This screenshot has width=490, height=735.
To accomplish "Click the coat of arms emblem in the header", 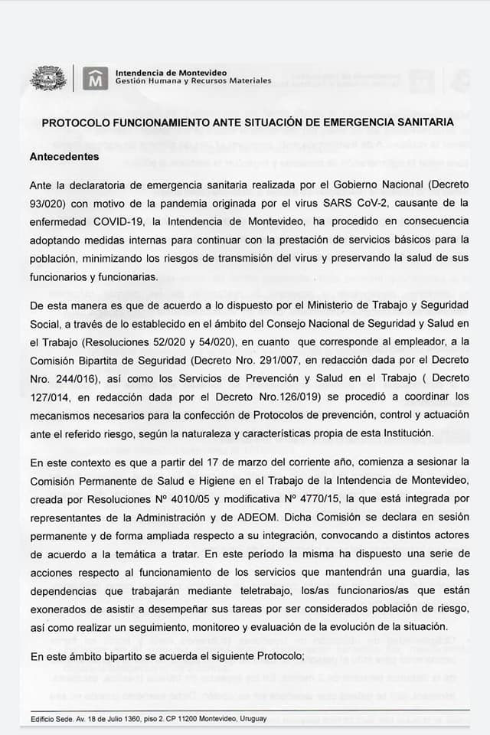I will (x=47, y=78).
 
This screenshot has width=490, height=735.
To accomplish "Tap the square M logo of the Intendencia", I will (x=95, y=78).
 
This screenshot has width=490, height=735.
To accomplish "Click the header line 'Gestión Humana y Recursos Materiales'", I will (x=193, y=80).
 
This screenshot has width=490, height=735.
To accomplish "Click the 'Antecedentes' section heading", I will (x=64, y=156).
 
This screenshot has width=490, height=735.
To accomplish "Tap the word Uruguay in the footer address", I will (x=254, y=718).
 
